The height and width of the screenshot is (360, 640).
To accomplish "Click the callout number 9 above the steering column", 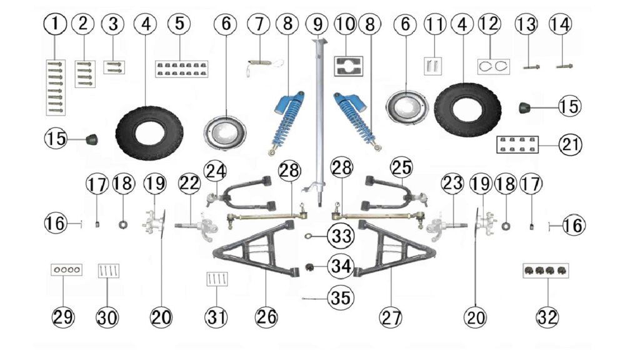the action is pos(317,24).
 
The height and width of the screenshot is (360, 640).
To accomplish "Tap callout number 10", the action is pos(345,24).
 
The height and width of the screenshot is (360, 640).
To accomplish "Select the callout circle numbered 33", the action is pos(341,236).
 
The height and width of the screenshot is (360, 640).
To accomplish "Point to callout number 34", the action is pos(341,266).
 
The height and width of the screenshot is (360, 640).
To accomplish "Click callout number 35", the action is pos(341,298).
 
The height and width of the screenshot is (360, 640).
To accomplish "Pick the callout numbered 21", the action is pos(570,144).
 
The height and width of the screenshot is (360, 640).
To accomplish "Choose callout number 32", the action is pos(547,317).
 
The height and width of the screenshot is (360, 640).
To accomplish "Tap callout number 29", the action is pos(63,317).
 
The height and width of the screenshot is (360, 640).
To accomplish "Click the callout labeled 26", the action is pos(266,317).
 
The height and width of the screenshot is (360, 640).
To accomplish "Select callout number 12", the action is pos(489,24).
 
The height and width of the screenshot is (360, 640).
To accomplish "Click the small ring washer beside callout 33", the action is pos(308,236).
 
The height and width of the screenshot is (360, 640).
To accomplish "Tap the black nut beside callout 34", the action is pos(310,267).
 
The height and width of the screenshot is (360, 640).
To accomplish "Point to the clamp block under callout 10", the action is pos(349,66).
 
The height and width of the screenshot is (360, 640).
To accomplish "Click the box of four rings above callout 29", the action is pos(66,269).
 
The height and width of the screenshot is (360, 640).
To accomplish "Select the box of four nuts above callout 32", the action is pos(546,271).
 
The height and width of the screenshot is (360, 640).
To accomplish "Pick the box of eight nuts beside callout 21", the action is pos(517,144).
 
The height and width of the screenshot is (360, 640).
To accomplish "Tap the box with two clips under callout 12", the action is pos(494,66).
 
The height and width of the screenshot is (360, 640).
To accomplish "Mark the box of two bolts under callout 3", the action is pos(114,67).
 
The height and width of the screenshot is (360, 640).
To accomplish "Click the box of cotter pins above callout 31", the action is pos(217,279).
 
